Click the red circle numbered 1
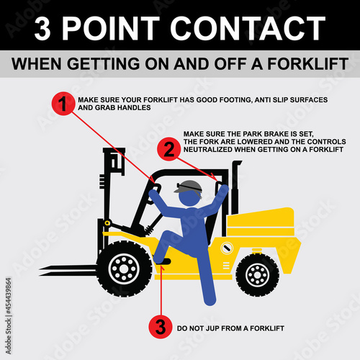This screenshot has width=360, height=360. point(63,104)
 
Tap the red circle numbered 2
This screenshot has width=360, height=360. point(169,149)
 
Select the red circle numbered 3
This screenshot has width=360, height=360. point(161,327)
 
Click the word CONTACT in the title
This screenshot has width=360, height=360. point(248,28)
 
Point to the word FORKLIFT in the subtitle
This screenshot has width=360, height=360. point(307,64)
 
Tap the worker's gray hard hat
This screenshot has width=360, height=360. point(188,186)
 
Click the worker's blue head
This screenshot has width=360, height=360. point(189,197)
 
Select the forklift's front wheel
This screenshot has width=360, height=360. point(124,269)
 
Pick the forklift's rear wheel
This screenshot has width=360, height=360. point(257,274)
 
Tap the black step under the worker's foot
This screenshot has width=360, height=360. point(163,262)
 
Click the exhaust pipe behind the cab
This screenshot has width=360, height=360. point(235,187)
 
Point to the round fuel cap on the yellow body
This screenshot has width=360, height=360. point(227,248)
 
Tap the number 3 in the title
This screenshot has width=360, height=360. point(42,29)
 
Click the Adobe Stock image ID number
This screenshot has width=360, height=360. point(9,296)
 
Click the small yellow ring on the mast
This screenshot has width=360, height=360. point(107,223)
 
